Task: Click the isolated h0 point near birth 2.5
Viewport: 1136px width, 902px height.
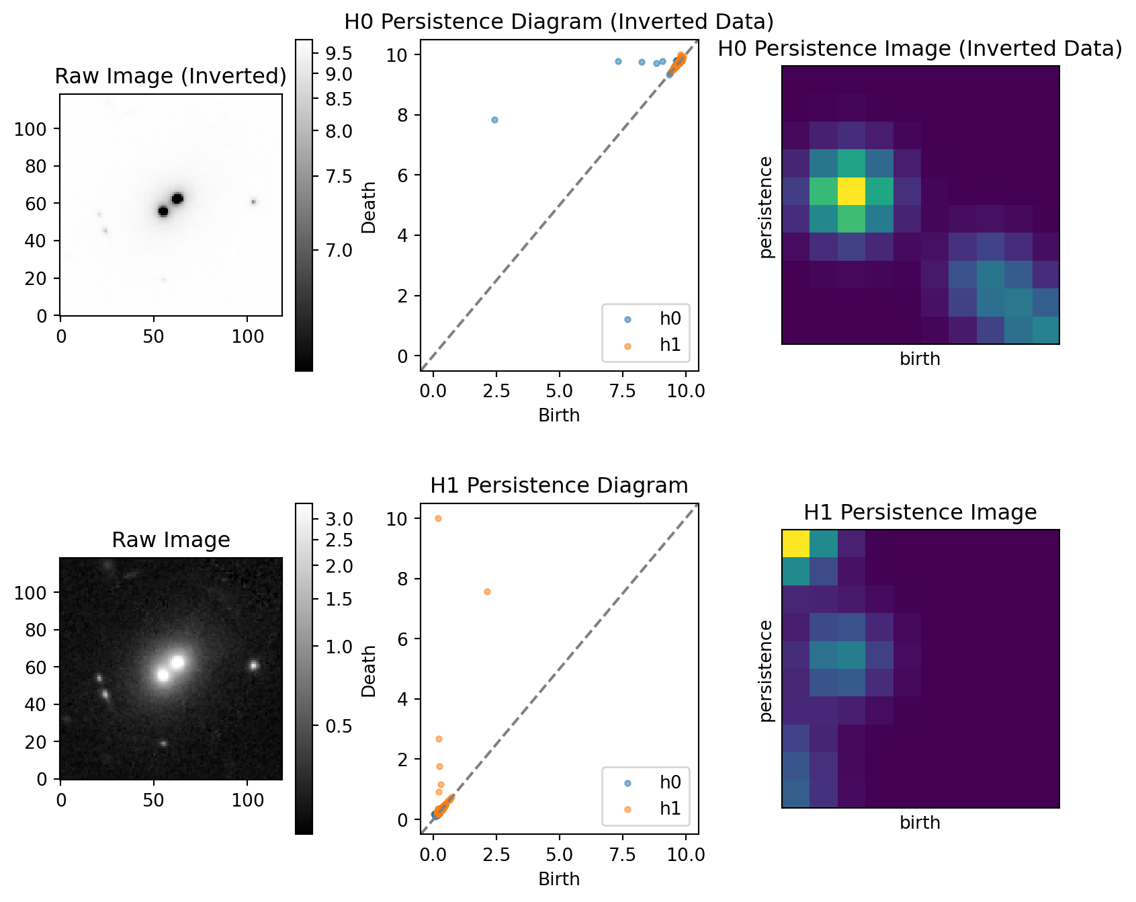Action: pyautogui.click(x=494, y=120)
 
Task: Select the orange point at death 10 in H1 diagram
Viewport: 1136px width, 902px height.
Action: pyautogui.click(x=438, y=518)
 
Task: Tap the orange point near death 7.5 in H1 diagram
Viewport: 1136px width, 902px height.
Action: pyautogui.click(x=487, y=591)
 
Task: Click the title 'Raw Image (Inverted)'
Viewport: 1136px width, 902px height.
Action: pyautogui.click(x=171, y=76)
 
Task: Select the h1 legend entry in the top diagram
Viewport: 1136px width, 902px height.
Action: pyautogui.click(x=670, y=345)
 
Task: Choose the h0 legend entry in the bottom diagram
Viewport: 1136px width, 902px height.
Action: pyautogui.click(x=670, y=782)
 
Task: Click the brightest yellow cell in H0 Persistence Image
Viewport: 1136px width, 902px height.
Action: pyautogui.click(x=851, y=192)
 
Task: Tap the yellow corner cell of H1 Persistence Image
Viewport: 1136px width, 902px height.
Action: pyautogui.click(x=795, y=544)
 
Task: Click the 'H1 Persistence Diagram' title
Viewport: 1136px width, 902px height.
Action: pyautogui.click(x=559, y=485)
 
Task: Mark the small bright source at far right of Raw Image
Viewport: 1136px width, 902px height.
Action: pyautogui.click(x=254, y=665)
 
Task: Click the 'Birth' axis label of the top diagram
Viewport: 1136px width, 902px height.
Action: pyautogui.click(x=559, y=415)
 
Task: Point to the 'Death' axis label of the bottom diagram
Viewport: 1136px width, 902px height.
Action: pyautogui.click(x=369, y=671)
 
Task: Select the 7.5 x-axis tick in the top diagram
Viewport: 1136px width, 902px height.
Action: pyautogui.click(x=622, y=391)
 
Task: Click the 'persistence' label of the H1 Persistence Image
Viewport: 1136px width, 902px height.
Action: pyautogui.click(x=766, y=671)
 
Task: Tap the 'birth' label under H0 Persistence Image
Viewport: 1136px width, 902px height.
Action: pyautogui.click(x=920, y=359)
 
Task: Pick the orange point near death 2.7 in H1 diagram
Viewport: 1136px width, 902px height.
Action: pyautogui.click(x=439, y=739)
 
